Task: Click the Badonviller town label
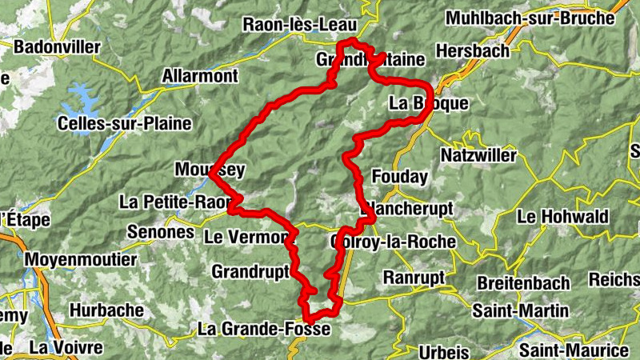pos(57,47)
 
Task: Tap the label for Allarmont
pos(200,76)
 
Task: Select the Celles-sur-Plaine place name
pos(124,123)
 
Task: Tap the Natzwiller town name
pos(478,154)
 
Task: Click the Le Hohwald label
pos(562,216)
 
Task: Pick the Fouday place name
pos(400,176)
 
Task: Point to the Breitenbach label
pos(523,283)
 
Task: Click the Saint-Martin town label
pos(522,310)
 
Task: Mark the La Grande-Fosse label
pos(264,328)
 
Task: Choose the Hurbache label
pos(106,310)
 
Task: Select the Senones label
pos(161,232)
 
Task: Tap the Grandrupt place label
pos(250,272)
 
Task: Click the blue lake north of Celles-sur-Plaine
pos(84,100)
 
